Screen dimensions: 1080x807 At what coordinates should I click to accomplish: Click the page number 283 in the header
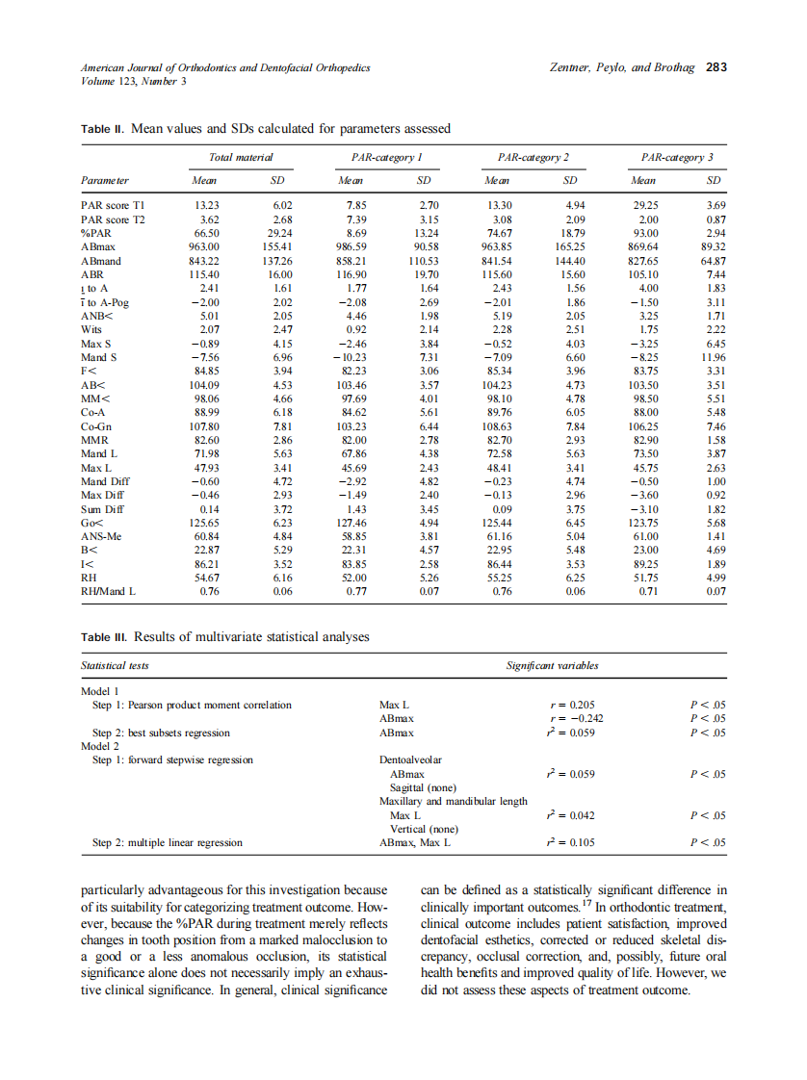pos(716,68)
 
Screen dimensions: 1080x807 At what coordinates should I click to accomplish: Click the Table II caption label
pos(102,128)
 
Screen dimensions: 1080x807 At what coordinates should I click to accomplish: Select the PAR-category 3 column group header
pos(677,156)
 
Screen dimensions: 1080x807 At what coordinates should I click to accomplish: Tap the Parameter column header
pos(105,180)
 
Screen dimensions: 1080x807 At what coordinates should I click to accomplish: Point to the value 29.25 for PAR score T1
pos(643,205)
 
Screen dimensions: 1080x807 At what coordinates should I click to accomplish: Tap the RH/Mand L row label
pos(109,592)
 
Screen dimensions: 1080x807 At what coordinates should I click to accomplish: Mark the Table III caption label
pos(104,637)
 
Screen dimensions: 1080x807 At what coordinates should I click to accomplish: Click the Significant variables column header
pos(552,665)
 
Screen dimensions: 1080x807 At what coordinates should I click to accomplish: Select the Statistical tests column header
pos(115,665)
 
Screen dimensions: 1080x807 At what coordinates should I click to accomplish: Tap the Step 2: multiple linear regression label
pos(167,842)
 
